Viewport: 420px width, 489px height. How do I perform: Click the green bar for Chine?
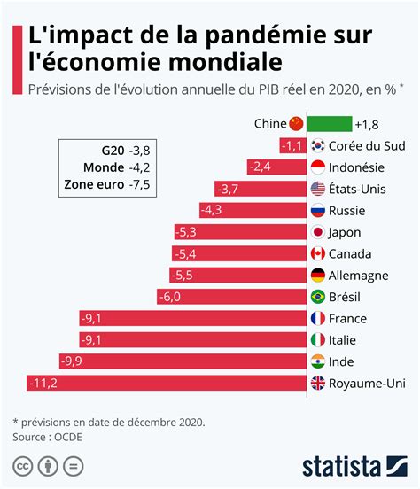(329, 124)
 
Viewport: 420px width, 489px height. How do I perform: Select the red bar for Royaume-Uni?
(167, 383)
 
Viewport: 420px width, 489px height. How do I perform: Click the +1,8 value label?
(366, 124)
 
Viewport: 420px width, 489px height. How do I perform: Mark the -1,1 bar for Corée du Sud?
(292, 146)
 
